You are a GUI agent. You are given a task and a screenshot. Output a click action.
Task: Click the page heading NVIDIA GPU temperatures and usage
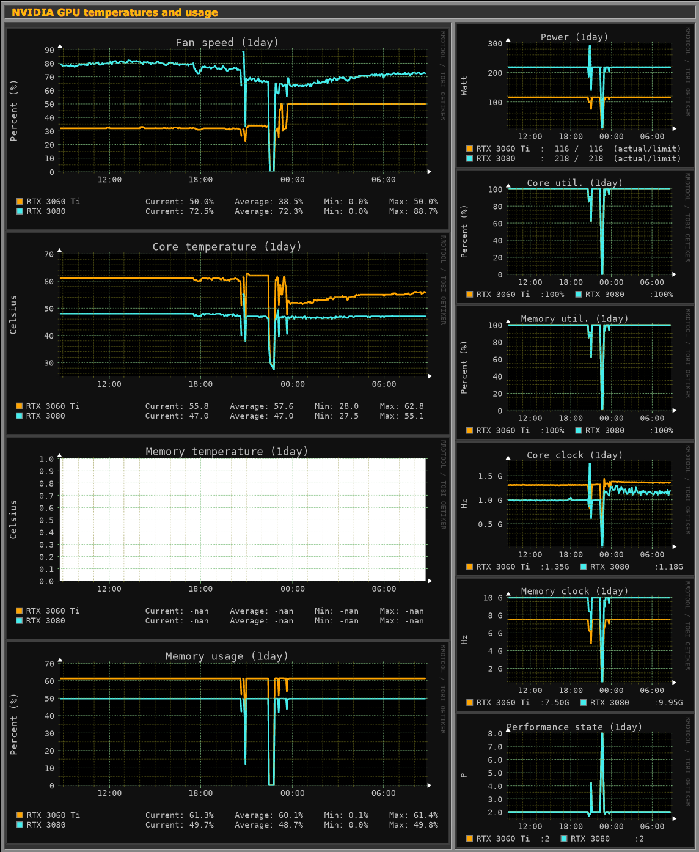115,12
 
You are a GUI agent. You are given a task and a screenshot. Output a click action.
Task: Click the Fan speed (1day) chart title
227,42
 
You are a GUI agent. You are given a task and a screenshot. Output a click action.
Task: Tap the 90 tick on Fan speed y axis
49,50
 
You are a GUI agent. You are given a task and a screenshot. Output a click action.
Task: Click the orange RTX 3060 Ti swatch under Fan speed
20,202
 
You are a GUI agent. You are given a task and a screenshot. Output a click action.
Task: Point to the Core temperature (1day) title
227,247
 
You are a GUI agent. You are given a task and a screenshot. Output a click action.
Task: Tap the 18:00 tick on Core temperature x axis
200,384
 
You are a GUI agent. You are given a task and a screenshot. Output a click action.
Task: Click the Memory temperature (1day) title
227,452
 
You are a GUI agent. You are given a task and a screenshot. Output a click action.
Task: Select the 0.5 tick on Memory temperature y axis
46,521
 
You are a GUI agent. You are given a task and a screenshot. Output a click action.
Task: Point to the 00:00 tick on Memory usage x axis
292,793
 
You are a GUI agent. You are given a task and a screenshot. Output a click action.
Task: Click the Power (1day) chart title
574,37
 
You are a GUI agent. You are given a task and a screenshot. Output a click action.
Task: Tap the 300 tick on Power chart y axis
495,44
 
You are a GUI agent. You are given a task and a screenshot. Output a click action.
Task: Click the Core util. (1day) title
574,183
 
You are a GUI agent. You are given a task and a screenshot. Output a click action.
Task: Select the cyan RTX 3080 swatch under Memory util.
579,430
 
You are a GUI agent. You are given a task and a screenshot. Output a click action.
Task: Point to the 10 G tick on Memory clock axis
492,598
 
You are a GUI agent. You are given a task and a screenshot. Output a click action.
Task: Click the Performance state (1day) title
574,727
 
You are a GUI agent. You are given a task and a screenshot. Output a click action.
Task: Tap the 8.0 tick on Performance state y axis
495,734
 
